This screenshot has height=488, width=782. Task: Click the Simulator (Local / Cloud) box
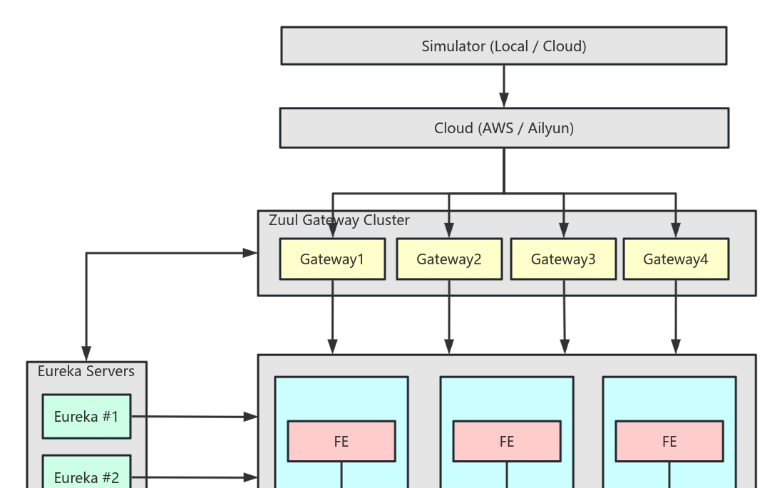click(x=503, y=46)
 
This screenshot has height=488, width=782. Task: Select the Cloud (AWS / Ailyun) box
click(x=503, y=128)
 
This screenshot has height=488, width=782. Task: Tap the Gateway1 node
click(x=332, y=259)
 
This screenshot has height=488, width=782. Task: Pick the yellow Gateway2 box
click(x=449, y=259)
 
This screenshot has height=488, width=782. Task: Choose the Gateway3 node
click(x=563, y=259)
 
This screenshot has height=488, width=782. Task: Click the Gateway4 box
click(x=676, y=259)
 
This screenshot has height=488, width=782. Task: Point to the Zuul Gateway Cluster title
click(x=339, y=220)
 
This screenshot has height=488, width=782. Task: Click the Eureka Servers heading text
click(x=86, y=371)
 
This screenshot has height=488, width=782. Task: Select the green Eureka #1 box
click(x=86, y=417)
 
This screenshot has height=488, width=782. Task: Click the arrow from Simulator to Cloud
click(x=504, y=85)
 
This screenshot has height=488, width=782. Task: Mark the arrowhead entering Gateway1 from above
click(x=332, y=230)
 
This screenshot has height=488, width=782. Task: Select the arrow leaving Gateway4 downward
click(x=676, y=317)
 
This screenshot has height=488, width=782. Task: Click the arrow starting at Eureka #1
click(x=192, y=417)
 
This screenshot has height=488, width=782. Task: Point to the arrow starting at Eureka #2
click(x=192, y=477)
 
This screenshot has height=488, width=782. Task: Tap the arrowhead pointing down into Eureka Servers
click(x=86, y=353)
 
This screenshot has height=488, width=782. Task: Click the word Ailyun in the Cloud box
click(x=550, y=128)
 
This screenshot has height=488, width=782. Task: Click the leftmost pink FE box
click(x=341, y=442)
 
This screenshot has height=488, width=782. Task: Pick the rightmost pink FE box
click(x=669, y=442)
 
